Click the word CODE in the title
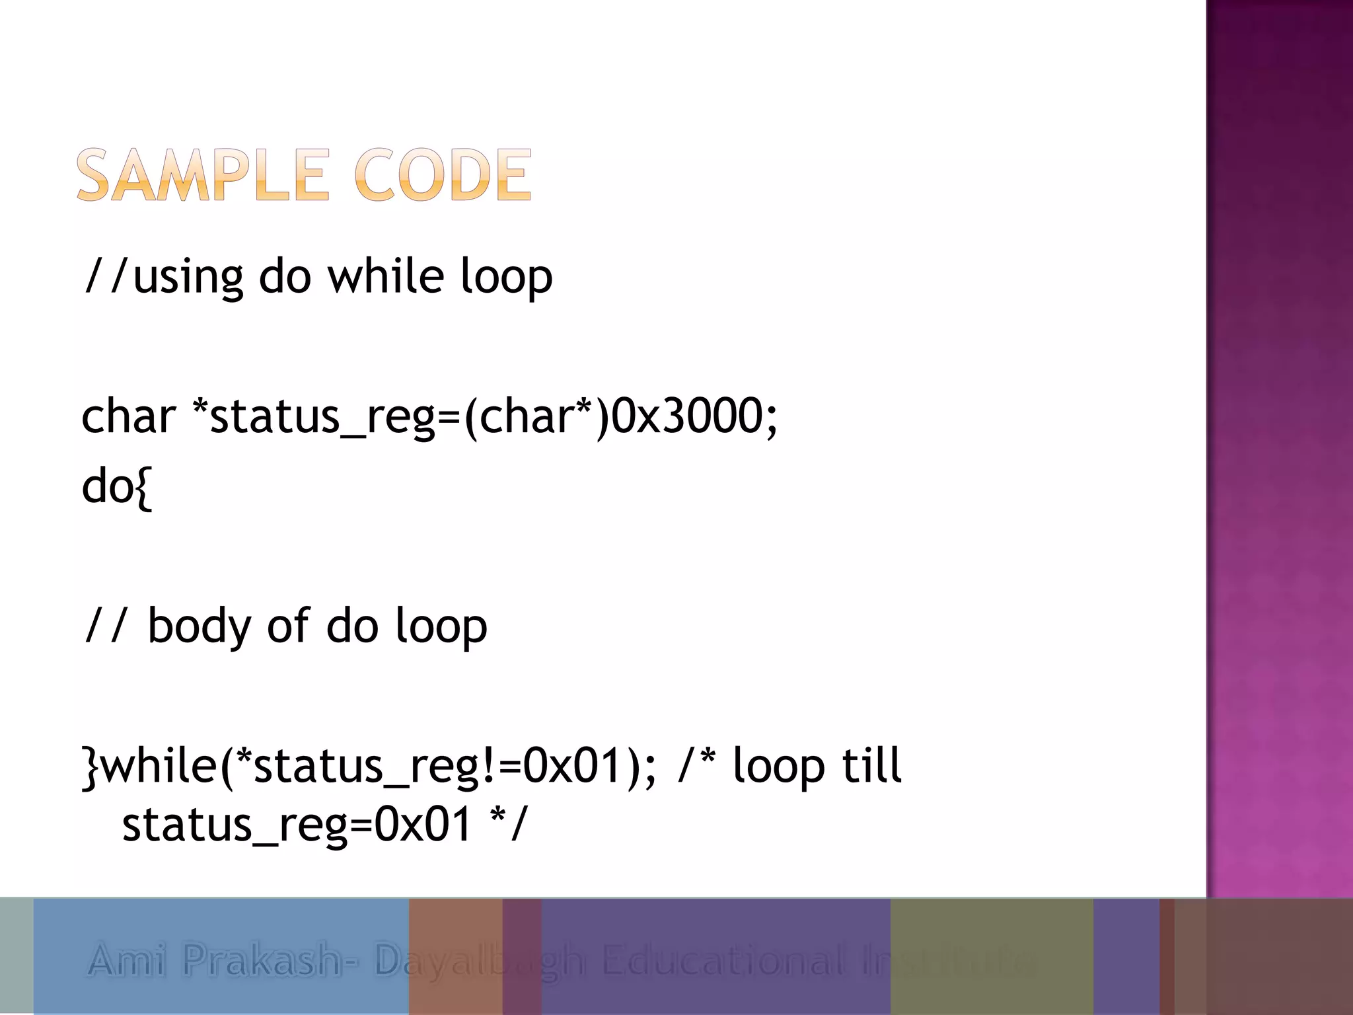pos(443,175)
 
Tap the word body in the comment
pos(199,626)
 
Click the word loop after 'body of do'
pos(441,626)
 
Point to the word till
pos(871,765)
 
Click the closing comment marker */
pos(508,824)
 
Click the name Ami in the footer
pos(126,960)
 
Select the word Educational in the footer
pos(723,960)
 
